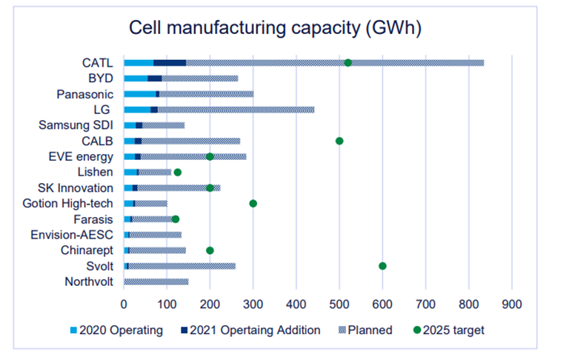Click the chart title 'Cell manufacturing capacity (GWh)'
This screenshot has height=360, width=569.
(x=276, y=28)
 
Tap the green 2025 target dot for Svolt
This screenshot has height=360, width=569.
(x=382, y=266)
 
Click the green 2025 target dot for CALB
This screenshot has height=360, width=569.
(x=339, y=141)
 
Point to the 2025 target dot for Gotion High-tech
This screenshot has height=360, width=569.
(x=253, y=203)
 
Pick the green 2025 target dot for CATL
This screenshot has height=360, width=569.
(x=348, y=63)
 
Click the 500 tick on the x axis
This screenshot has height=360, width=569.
(x=339, y=303)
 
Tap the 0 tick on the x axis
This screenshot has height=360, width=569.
(x=124, y=303)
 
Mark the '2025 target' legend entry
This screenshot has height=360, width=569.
(x=448, y=330)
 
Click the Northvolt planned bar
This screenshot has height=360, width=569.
(x=156, y=281)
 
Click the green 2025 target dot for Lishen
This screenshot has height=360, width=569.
(x=177, y=172)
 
